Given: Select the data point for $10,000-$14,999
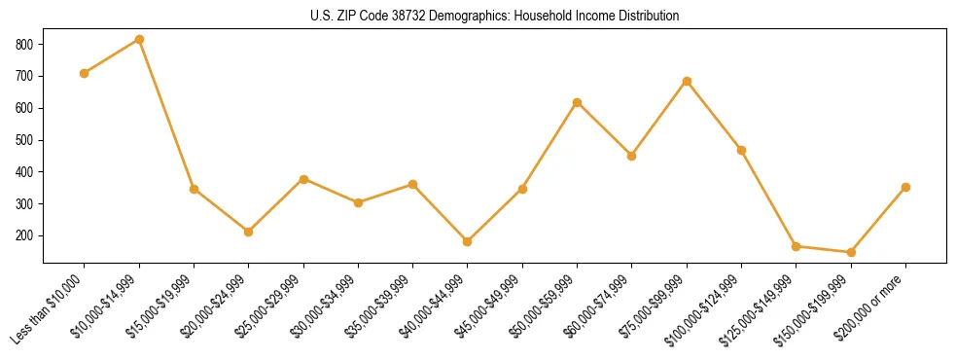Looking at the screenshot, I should click(x=139, y=40).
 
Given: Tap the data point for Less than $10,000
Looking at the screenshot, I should click(x=85, y=73).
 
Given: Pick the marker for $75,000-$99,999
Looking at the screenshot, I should click(x=687, y=81).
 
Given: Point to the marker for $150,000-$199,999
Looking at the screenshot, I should click(x=851, y=252).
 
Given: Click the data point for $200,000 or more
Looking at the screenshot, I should click(x=905, y=187).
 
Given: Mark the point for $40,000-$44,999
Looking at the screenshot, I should click(x=468, y=241).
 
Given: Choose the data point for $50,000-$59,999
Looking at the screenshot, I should click(x=578, y=102).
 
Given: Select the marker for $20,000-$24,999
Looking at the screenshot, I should click(x=249, y=232).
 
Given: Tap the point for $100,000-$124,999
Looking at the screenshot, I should click(x=741, y=150).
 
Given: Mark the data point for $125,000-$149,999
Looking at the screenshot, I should click(x=796, y=246).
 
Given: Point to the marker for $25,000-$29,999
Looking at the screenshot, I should click(x=303, y=179).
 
